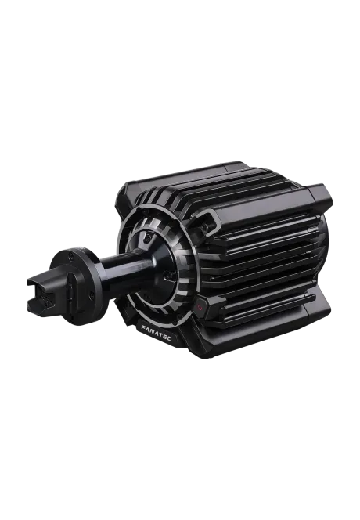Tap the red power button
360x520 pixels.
pos(200,307)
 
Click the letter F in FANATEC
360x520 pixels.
pos(143,327)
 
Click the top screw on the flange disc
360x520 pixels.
pos(71,256)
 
